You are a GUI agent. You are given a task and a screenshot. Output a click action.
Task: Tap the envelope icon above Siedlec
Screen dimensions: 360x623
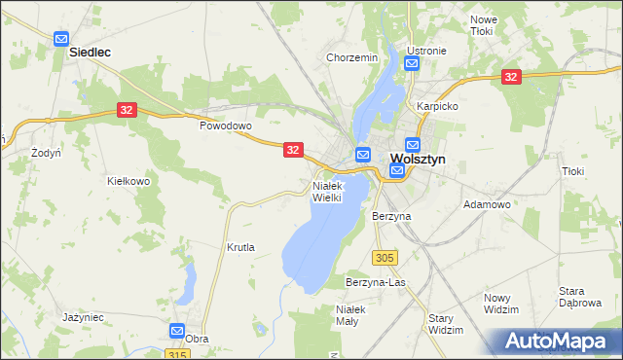61,39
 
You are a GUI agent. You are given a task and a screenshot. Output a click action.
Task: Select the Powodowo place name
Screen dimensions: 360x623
226,126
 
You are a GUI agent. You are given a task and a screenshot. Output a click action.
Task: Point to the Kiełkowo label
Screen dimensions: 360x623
128,181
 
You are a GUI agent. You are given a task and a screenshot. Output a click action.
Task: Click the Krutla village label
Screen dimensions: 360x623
240,247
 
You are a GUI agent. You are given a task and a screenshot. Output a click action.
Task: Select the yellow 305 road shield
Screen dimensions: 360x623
385,257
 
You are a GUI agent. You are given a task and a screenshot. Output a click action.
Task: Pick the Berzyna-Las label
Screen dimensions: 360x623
375,282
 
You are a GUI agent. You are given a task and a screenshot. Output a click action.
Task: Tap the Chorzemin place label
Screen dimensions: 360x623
351,58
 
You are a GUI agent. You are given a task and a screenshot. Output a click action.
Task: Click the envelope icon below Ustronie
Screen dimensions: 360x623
412,64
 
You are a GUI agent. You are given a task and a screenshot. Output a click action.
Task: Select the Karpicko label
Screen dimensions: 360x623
437,105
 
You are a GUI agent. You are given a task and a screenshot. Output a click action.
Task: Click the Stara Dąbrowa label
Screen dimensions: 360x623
579,297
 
